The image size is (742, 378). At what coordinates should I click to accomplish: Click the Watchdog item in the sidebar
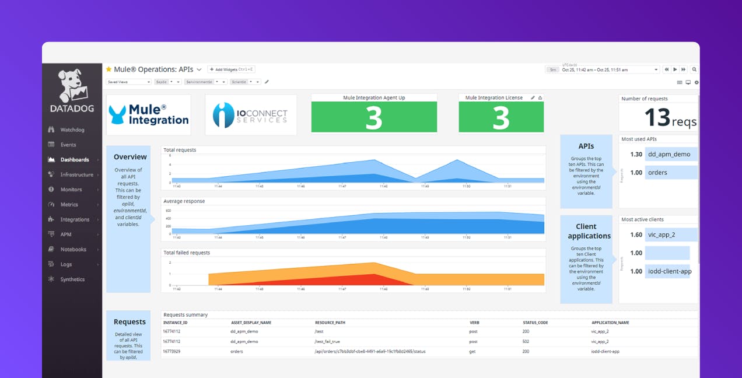pos(72,129)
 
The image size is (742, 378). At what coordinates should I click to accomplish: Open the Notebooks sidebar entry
pos(73,249)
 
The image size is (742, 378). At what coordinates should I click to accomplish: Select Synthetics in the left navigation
pos(72,279)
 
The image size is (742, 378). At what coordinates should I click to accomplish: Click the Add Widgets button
pos(231,69)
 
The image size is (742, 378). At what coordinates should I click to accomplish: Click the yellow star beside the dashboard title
pos(108,69)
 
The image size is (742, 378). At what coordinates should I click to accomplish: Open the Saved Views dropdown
pos(128,82)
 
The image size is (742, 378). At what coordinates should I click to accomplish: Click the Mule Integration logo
pos(149,115)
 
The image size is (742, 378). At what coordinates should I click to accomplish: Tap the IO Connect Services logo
pos(251,115)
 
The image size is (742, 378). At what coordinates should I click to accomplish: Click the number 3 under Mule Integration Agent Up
pos(374,117)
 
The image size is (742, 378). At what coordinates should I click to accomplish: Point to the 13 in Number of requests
pos(657,117)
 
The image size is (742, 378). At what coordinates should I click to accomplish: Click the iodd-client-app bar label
pos(669,271)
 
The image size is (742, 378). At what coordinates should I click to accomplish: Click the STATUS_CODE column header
pos(535,323)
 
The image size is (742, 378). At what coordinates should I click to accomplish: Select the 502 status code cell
pos(526,342)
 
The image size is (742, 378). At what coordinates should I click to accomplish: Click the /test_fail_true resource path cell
pos(327,342)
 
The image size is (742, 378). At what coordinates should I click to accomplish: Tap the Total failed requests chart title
pos(187,253)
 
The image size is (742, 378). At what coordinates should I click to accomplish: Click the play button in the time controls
pos(675,69)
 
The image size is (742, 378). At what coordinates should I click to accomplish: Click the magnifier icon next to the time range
pos(694,69)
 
